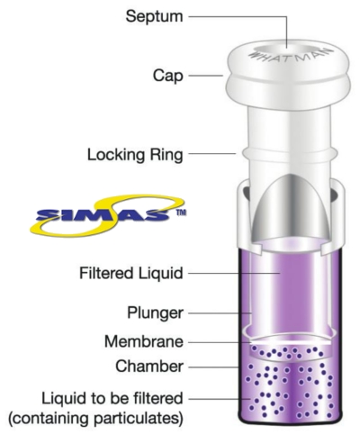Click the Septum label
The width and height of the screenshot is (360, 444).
click(154, 16)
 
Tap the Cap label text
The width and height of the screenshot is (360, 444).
click(167, 76)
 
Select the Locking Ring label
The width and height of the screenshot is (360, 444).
click(135, 155)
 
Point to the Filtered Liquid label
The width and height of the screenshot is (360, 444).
click(131, 274)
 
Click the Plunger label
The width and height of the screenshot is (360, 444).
click(155, 313)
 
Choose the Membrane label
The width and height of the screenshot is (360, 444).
click(144, 341)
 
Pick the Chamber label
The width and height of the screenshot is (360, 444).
click(149, 367)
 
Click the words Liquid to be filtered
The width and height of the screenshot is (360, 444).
click(112, 399)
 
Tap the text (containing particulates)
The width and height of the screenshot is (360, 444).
click(95, 418)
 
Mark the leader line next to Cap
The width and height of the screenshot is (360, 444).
click(205, 76)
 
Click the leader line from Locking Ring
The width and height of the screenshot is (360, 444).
click(212, 153)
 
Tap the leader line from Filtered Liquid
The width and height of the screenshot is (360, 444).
click(234, 273)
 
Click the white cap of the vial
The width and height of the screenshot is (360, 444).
click(288, 75)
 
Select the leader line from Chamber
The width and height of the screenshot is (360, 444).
click(213, 367)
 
